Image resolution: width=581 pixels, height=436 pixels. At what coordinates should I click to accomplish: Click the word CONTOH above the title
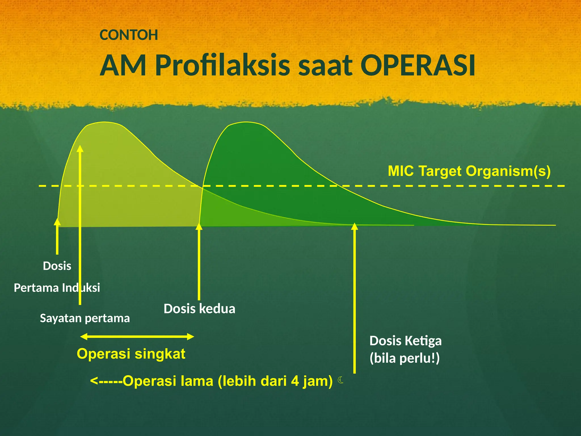[x=129, y=35]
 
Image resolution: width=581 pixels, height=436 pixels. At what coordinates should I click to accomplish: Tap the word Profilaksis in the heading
[x=222, y=66]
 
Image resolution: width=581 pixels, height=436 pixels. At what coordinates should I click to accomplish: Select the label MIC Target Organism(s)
[x=469, y=171]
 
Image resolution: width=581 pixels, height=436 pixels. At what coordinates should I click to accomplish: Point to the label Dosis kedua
[x=199, y=309]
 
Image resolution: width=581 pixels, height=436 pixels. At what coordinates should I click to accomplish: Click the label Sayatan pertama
[x=85, y=318]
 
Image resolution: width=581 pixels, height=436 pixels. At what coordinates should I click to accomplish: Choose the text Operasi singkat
[x=131, y=354]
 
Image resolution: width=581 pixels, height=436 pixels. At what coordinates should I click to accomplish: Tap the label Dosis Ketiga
[x=405, y=341]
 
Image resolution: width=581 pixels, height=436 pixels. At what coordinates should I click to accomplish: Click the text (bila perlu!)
[x=405, y=358]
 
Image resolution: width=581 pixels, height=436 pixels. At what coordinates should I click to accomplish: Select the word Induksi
[x=81, y=288]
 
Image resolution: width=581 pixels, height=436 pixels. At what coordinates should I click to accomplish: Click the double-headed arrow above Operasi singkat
[x=137, y=337]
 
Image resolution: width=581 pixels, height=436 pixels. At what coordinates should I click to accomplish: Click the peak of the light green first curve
[x=105, y=122]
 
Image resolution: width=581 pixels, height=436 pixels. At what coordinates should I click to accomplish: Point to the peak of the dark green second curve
[x=246, y=122]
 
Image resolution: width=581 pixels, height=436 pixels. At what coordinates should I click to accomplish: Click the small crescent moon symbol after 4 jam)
[x=341, y=380]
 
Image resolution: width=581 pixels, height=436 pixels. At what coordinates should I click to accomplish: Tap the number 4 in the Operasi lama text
[x=295, y=381]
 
